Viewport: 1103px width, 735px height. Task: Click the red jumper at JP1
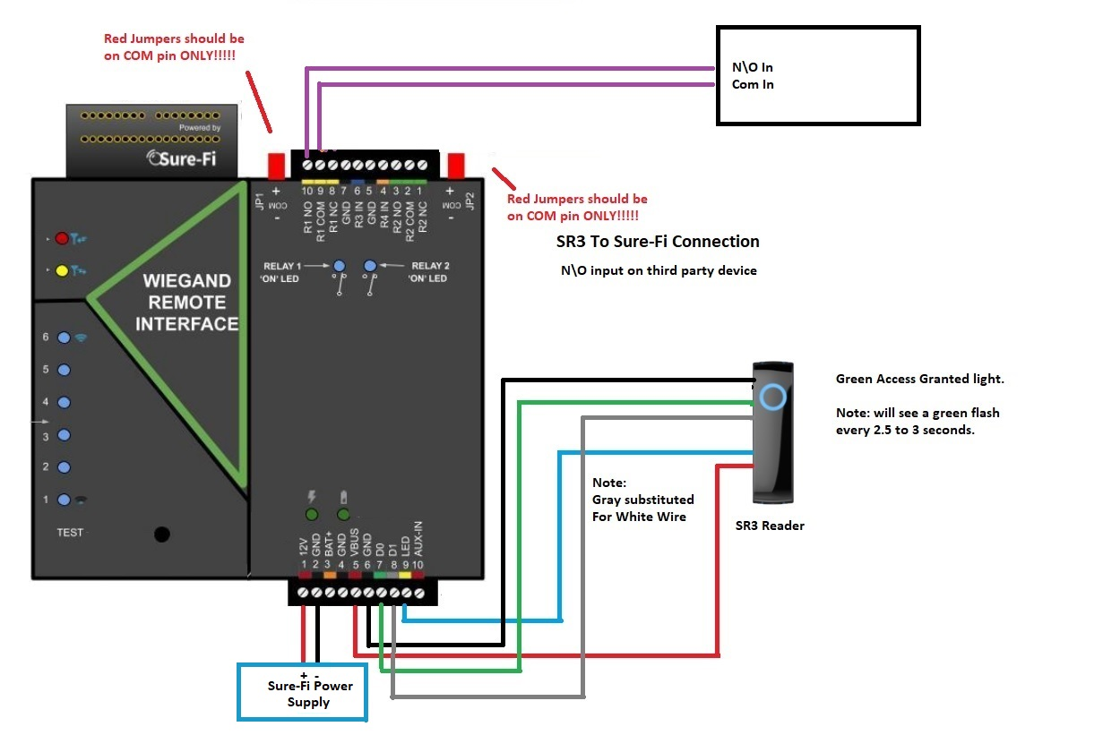(x=277, y=167)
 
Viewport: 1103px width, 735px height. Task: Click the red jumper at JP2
(x=457, y=167)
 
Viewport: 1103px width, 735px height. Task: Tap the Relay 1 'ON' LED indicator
(x=340, y=266)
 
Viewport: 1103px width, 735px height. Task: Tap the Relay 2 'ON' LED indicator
(x=370, y=266)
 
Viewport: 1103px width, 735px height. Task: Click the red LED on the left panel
(x=62, y=238)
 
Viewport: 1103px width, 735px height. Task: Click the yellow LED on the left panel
(x=62, y=269)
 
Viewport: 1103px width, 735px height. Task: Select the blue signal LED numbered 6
(x=64, y=338)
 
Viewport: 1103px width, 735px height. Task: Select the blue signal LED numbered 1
(x=64, y=500)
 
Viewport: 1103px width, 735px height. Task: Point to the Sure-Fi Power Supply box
(x=302, y=691)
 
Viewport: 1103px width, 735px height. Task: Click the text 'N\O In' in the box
(x=753, y=68)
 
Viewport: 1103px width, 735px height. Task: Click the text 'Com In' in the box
(x=753, y=85)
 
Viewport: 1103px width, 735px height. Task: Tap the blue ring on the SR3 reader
(x=771, y=396)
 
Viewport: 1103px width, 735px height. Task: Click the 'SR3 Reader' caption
(x=770, y=526)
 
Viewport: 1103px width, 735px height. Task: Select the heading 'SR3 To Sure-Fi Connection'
(x=658, y=242)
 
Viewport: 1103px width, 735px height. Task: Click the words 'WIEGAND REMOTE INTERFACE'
(x=187, y=302)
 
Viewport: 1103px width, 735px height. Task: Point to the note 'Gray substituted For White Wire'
(x=642, y=500)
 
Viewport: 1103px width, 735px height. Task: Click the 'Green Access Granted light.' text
(x=919, y=379)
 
